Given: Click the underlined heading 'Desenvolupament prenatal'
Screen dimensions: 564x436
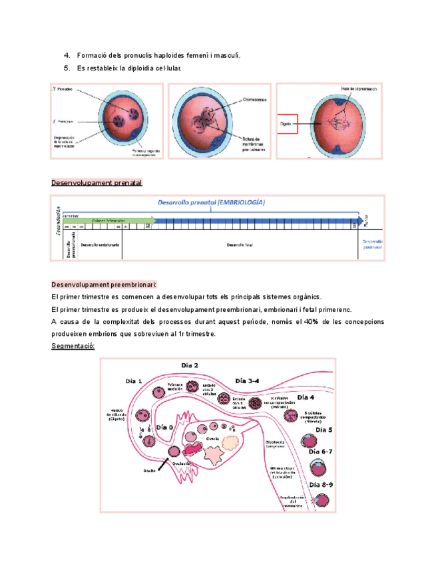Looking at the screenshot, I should pos(97,182).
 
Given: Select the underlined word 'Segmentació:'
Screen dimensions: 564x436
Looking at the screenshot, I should pos(73,347).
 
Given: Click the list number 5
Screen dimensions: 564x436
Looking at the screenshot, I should pos(67,69).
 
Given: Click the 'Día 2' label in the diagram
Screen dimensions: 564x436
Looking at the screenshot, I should pos(190,365).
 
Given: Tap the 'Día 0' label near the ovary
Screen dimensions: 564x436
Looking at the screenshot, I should pos(164,428).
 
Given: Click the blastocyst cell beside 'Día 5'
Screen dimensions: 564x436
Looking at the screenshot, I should pos(310,441).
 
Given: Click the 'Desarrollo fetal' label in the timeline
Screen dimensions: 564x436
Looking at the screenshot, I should pos(238,245).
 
